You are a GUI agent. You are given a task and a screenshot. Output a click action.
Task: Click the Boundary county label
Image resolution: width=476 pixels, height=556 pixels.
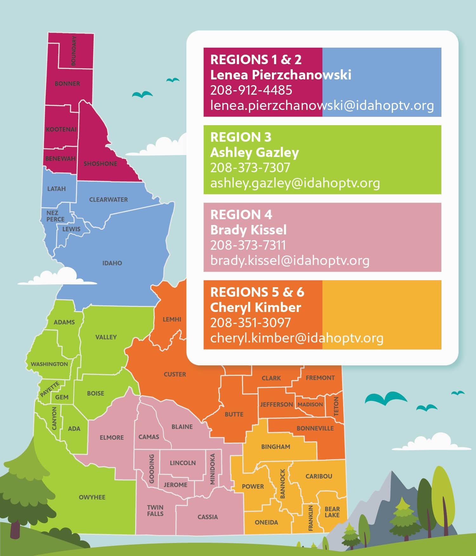click(74, 51)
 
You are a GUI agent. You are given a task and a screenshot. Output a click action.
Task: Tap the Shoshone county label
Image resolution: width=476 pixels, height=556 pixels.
click(100, 164)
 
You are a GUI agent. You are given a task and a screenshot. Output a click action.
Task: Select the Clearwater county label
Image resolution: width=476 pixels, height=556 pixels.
click(109, 200)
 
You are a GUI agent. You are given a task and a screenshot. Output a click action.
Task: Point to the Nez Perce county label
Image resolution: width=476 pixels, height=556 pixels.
click(55, 216)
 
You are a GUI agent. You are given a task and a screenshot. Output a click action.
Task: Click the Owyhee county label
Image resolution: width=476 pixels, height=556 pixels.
click(92, 497)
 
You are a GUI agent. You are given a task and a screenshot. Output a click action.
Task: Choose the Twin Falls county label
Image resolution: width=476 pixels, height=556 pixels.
click(155, 511)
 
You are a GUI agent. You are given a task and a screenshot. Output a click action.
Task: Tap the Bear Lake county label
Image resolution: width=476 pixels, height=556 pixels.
click(332, 512)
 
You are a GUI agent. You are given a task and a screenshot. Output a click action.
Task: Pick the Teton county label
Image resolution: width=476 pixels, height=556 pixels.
click(336, 406)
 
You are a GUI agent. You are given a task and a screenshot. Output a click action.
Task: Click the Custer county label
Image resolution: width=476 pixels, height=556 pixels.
click(175, 374)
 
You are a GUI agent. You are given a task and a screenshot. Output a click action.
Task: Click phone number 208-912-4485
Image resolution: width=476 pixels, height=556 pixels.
click(251, 90)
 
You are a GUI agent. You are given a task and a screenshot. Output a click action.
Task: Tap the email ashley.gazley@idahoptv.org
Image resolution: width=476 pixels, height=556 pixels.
click(295, 183)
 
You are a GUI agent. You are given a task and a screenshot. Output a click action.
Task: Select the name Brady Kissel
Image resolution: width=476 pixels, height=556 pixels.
click(248, 230)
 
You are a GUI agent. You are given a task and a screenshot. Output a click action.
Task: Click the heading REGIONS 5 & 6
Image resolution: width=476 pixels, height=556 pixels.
click(257, 292)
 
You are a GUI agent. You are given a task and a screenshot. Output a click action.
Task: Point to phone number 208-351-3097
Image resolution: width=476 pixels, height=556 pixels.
click(250, 323)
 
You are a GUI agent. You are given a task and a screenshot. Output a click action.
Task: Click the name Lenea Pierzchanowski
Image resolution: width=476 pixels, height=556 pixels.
click(281, 75)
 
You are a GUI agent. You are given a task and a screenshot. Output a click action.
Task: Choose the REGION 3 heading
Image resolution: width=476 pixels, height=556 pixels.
click(241, 137)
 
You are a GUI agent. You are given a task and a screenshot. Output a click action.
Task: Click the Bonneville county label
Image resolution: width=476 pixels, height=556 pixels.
click(315, 428)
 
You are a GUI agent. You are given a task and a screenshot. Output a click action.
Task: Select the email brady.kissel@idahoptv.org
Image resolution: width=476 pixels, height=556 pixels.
click(290, 261)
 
